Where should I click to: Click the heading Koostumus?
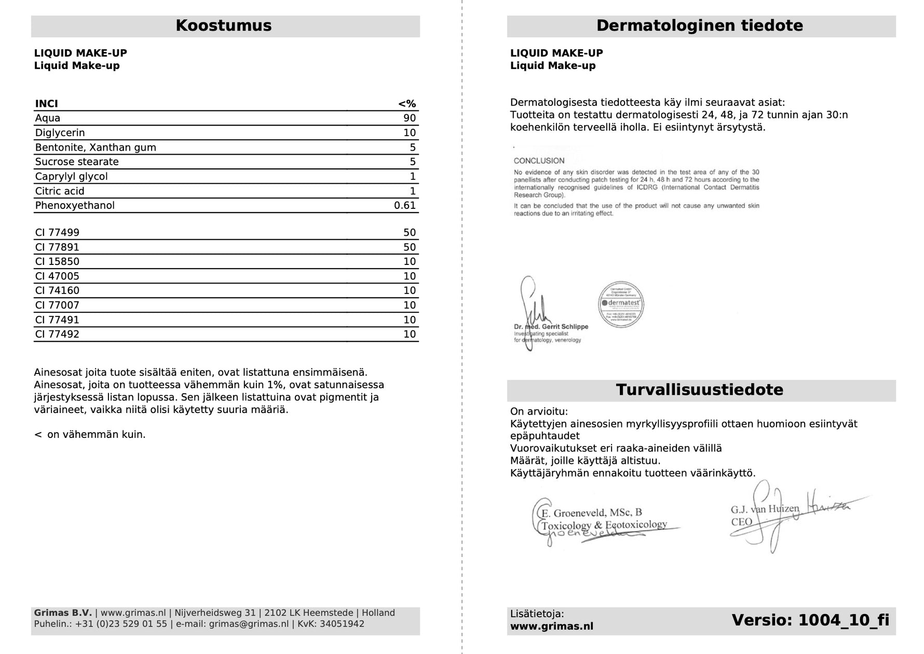coord(223,26)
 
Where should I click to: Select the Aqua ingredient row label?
coord(48,118)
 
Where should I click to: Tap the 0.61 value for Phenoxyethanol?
coord(404,206)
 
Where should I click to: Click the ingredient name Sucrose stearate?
coord(77,162)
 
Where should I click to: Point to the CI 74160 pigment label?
coord(57,291)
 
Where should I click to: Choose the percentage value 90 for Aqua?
coord(409,118)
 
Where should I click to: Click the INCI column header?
coord(46,104)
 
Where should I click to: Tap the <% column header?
coord(406,104)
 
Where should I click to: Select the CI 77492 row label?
coord(57,335)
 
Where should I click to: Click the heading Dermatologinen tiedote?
coord(699,26)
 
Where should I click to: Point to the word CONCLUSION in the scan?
coord(539,161)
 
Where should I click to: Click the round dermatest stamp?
coord(621,304)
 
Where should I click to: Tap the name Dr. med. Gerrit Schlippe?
coord(551,327)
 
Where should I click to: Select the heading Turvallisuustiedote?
coord(699,390)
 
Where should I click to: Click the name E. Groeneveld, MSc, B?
coord(591,513)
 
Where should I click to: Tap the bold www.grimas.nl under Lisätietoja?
coord(551,626)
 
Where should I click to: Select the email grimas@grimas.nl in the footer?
coord(249,624)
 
